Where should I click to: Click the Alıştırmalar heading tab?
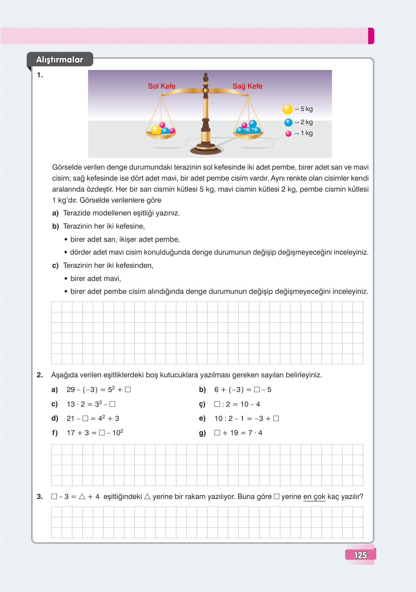pyautogui.click(x=59, y=59)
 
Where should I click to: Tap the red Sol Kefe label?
pyautogui.click(x=161, y=86)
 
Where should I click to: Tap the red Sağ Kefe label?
pyautogui.click(x=247, y=86)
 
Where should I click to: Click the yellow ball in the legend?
pyautogui.click(x=287, y=109)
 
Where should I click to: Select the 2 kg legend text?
pyautogui.click(x=307, y=122)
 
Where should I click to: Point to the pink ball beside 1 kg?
pyautogui.click(x=288, y=134)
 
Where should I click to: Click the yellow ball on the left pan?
pyautogui.click(x=156, y=130)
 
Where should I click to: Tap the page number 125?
pyautogui.click(x=360, y=555)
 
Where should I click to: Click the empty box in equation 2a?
pyautogui.click(x=128, y=389)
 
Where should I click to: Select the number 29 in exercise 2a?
pyautogui.click(x=70, y=389)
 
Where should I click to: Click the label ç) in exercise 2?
pyautogui.click(x=202, y=404)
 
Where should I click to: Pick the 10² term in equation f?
pyautogui.click(x=118, y=433)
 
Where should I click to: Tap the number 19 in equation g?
pyautogui.click(x=234, y=433)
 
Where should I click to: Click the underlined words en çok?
pyautogui.click(x=314, y=496)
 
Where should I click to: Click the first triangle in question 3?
pyautogui.click(x=82, y=496)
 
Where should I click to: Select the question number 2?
pyautogui.click(x=40, y=375)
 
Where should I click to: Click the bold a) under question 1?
pyautogui.click(x=55, y=213)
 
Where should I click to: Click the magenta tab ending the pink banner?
pyautogui.click(x=371, y=36)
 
